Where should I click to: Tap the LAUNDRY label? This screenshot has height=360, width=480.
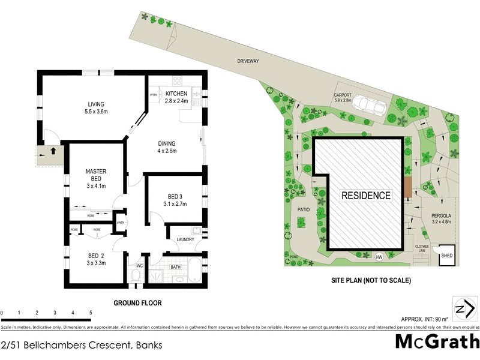[185, 240]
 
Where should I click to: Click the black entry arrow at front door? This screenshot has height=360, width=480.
[53, 151]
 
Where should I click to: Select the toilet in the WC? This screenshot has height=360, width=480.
[136, 275]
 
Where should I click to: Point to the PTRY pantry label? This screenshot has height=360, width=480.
[154, 95]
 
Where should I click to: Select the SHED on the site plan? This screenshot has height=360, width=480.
[447, 256]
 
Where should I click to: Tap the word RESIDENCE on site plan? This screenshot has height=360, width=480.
[366, 196]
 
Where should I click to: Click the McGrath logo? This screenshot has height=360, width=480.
[437, 342]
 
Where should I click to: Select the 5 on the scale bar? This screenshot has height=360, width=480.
[91, 313]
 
